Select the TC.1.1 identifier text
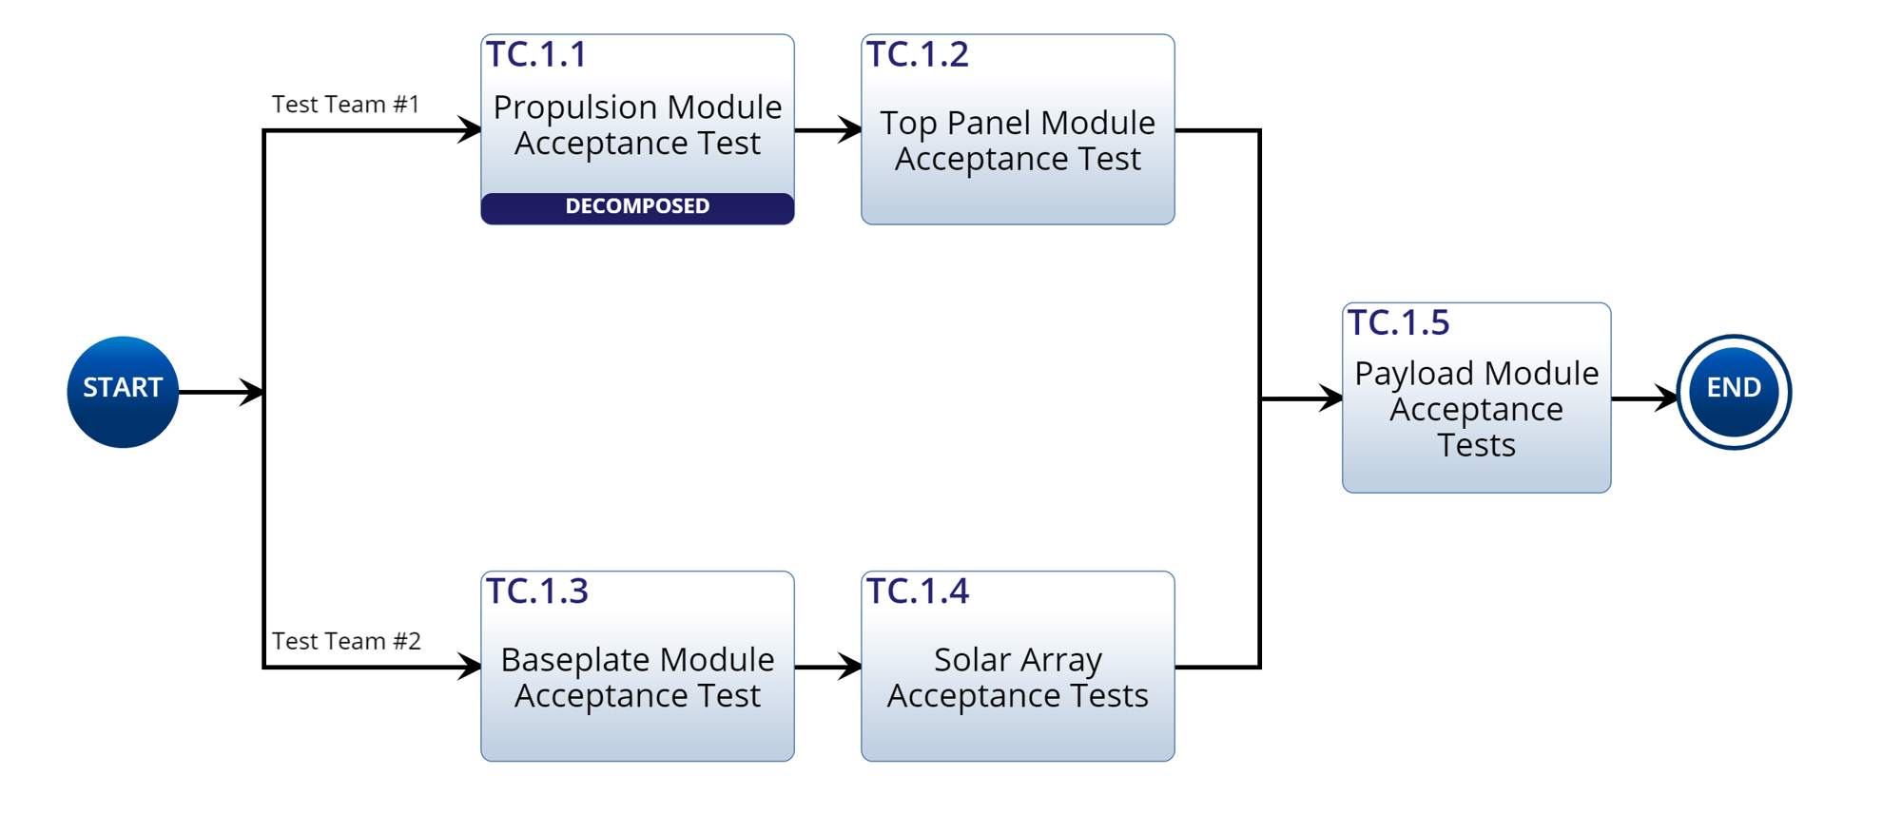point(536,55)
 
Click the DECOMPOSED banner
point(637,207)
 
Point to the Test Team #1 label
point(345,105)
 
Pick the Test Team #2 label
point(346,641)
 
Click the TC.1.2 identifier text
point(918,55)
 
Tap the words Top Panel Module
point(1018,123)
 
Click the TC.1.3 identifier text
point(537,592)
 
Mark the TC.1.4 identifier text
point(918,592)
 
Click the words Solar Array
point(1018,660)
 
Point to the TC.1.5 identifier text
point(1399,323)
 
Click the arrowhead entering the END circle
point(1665,398)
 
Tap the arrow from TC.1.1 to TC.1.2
point(828,129)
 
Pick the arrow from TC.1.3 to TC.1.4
point(828,667)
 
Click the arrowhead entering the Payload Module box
point(1329,398)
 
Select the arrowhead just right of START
point(252,392)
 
